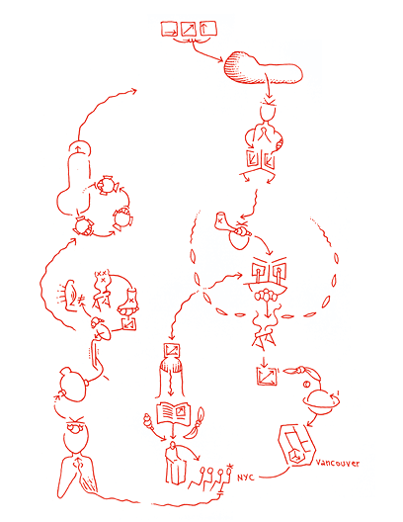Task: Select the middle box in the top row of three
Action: (x=188, y=31)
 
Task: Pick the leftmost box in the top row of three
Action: (x=169, y=31)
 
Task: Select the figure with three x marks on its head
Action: (x=101, y=284)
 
